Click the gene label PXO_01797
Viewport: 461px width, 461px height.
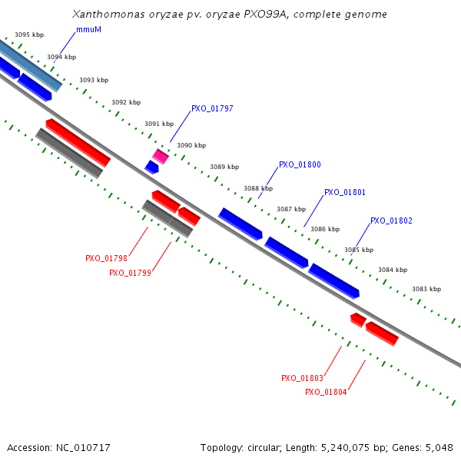point(212,108)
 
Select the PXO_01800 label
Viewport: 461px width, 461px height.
point(300,164)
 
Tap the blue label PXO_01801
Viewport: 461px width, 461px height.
point(345,192)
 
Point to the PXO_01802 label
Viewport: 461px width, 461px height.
point(391,221)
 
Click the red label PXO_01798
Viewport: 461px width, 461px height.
point(106,258)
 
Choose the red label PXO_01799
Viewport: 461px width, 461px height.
point(130,273)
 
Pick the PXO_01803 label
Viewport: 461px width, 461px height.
point(302,378)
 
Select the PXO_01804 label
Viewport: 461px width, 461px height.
point(326,392)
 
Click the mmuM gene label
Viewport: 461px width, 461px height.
point(88,29)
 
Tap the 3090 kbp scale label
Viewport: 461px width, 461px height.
point(191,145)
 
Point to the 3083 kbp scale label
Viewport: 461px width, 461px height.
point(426,289)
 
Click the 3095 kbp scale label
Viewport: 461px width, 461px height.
point(29,35)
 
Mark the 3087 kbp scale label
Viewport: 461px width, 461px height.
point(291,209)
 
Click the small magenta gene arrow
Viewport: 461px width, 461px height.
point(160,157)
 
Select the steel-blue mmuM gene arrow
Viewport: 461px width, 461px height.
point(31,65)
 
